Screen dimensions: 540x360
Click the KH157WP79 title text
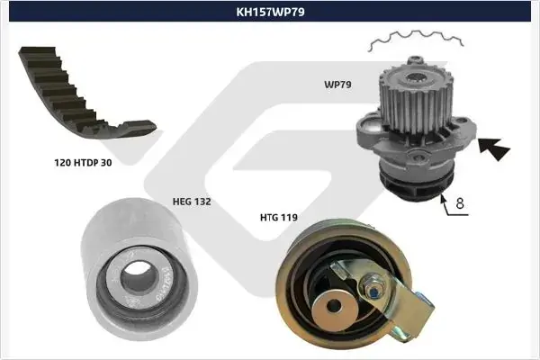pos(270,12)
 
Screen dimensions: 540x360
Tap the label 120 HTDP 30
pos(83,163)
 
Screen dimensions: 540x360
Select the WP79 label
pos(337,85)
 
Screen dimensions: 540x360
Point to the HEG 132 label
pos(192,202)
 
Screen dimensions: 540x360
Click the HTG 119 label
pos(279,218)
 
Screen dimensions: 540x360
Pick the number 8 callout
pos(460,203)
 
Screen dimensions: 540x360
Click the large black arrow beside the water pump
pos(494,148)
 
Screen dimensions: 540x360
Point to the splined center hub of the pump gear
pos(416,79)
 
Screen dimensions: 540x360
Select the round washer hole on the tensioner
pos(333,305)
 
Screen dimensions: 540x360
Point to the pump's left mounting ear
pos(368,128)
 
